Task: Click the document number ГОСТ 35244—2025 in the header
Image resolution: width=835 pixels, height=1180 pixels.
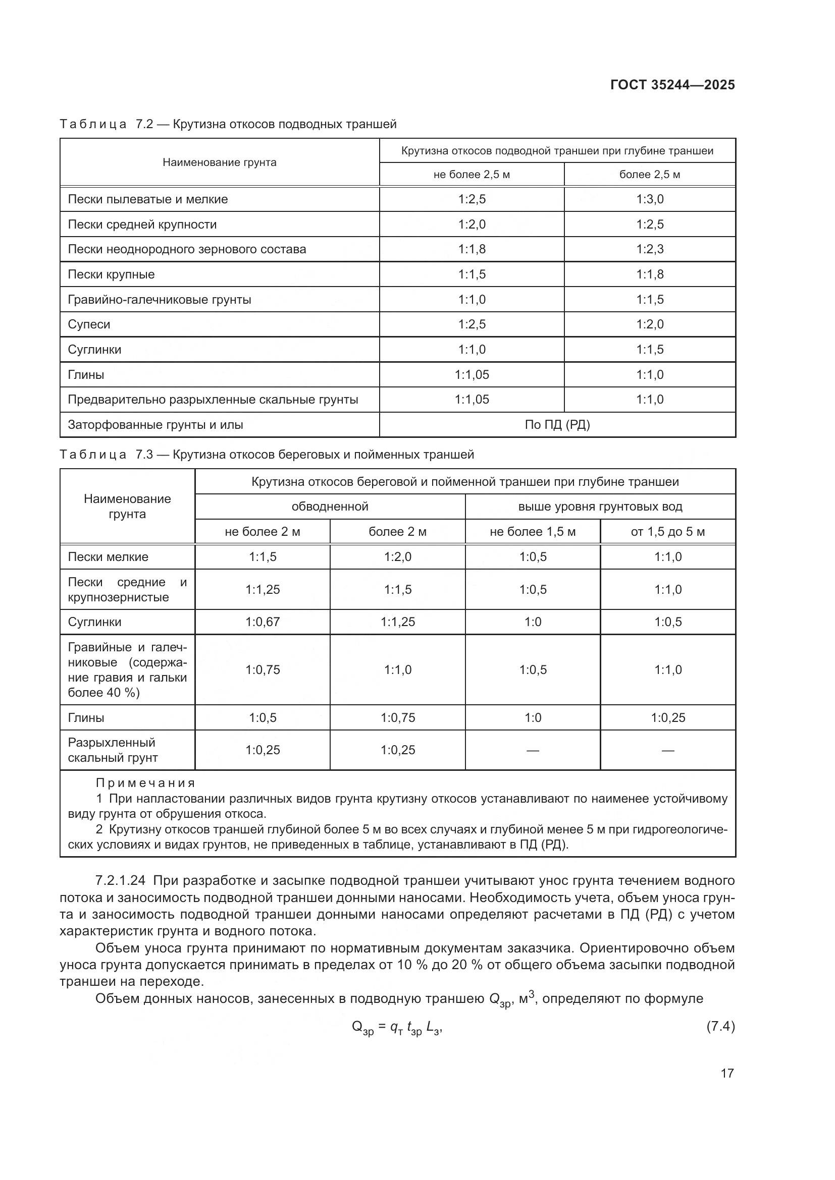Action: pyautogui.click(x=672, y=85)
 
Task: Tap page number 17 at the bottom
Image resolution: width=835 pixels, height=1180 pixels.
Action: pyautogui.click(x=727, y=1073)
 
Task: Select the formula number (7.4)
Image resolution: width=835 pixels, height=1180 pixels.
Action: pyautogui.click(x=720, y=1027)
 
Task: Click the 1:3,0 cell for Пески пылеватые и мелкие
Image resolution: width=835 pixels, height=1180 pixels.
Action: pyautogui.click(x=650, y=199)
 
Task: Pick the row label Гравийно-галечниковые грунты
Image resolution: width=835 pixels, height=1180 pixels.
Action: pyautogui.click(x=160, y=300)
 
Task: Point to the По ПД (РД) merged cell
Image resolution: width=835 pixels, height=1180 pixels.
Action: pyautogui.click(x=557, y=425)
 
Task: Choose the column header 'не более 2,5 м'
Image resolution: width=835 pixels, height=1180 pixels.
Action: pyautogui.click(x=472, y=175)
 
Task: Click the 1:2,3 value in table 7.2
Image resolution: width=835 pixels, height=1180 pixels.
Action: pyautogui.click(x=650, y=249)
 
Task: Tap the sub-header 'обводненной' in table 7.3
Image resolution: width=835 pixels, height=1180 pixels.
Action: pyautogui.click(x=330, y=507)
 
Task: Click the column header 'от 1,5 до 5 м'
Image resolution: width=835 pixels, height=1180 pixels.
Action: pyautogui.click(x=667, y=532)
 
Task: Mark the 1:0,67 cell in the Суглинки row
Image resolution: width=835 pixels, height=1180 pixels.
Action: pyautogui.click(x=262, y=622)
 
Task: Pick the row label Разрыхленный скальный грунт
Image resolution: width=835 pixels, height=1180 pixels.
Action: pyautogui.click(x=113, y=750)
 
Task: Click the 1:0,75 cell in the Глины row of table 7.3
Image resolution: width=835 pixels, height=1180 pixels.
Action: pyautogui.click(x=397, y=717)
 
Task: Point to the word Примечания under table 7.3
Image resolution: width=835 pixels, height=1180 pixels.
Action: pyautogui.click(x=145, y=783)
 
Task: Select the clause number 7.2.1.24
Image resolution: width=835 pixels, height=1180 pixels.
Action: pyautogui.click(x=120, y=881)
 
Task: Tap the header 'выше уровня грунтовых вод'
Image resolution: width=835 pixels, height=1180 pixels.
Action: pyautogui.click(x=600, y=507)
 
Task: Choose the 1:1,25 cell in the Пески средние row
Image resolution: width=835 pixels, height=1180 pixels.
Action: pyautogui.click(x=262, y=589)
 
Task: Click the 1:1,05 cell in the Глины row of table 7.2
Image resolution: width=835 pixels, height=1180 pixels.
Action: pyautogui.click(x=472, y=375)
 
